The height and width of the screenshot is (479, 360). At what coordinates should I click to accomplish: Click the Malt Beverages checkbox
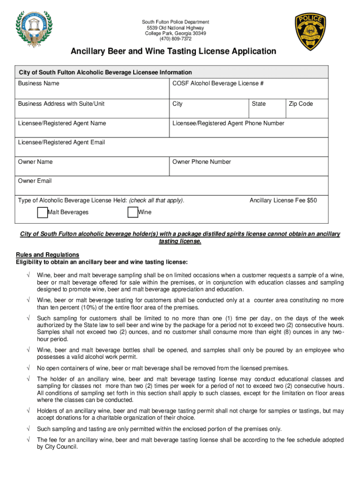(x=42, y=212)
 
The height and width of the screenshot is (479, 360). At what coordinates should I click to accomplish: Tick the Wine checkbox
(x=132, y=212)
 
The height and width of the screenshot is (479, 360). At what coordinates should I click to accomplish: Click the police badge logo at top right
(x=310, y=29)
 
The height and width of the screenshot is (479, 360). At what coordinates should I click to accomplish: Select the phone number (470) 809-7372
(x=175, y=39)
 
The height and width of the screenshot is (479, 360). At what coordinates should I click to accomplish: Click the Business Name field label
(x=39, y=83)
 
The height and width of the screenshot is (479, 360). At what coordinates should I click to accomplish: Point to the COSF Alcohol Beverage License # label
(x=218, y=83)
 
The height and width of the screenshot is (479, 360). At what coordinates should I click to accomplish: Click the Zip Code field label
(x=301, y=104)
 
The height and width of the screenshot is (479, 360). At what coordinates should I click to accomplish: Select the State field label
(x=259, y=104)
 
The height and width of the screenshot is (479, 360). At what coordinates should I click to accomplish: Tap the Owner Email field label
(x=35, y=181)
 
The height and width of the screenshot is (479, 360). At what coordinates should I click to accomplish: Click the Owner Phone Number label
(x=202, y=162)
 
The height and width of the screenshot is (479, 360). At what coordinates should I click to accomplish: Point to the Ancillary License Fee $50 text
(x=283, y=201)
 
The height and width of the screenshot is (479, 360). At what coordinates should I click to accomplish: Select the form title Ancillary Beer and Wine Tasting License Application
(x=173, y=51)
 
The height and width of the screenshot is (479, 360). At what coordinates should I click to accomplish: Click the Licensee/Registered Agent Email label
(x=61, y=142)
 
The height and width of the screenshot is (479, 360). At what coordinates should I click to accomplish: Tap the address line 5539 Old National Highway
(x=175, y=28)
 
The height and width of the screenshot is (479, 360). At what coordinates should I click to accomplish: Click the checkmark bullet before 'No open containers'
(x=29, y=368)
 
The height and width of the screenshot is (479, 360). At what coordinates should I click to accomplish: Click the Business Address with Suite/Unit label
(x=61, y=104)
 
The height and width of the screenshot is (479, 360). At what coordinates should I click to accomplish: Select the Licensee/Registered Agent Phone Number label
(x=228, y=123)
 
